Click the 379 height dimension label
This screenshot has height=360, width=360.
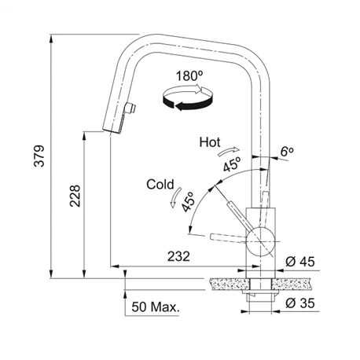point(39,156)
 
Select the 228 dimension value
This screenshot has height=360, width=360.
point(75,196)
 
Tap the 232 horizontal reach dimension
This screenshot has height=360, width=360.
point(178,256)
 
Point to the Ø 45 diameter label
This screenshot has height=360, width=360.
point(300,262)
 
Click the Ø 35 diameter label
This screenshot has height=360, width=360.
point(300,303)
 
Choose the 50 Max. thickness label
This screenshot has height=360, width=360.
point(156,307)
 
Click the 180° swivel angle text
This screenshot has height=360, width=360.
point(189,76)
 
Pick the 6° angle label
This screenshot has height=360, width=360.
point(287,152)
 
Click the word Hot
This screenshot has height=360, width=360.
point(210,142)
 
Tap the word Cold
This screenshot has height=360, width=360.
point(160,185)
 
